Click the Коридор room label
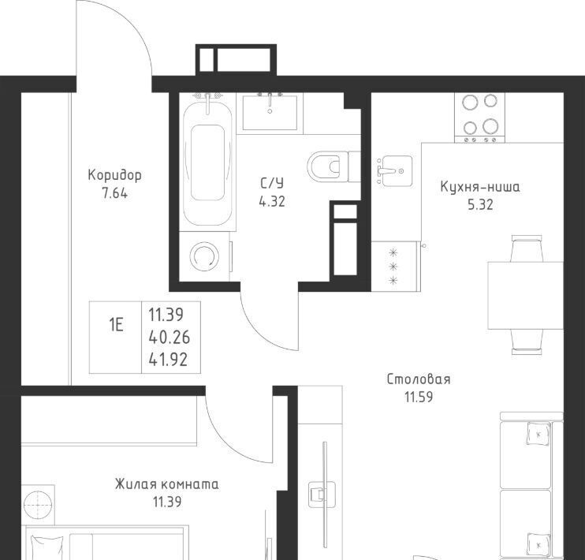(114, 175)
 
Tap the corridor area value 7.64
(114, 193)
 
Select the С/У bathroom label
(272, 183)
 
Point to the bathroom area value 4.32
(272, 202)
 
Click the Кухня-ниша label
(480, 187)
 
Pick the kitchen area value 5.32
(481, 204)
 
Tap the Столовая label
(419, 379)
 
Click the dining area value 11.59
(419, 398)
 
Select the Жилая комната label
(167, 484)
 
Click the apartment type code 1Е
(116, 325)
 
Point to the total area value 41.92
(168, 360)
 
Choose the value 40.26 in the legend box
(170, 338)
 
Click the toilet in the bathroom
(333, 166)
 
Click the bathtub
(207, 162)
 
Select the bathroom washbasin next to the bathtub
(270, 112)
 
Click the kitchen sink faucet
(386, 171)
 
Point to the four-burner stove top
(480, 118)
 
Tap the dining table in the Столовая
(525, 295)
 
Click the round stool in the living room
(38, 504)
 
